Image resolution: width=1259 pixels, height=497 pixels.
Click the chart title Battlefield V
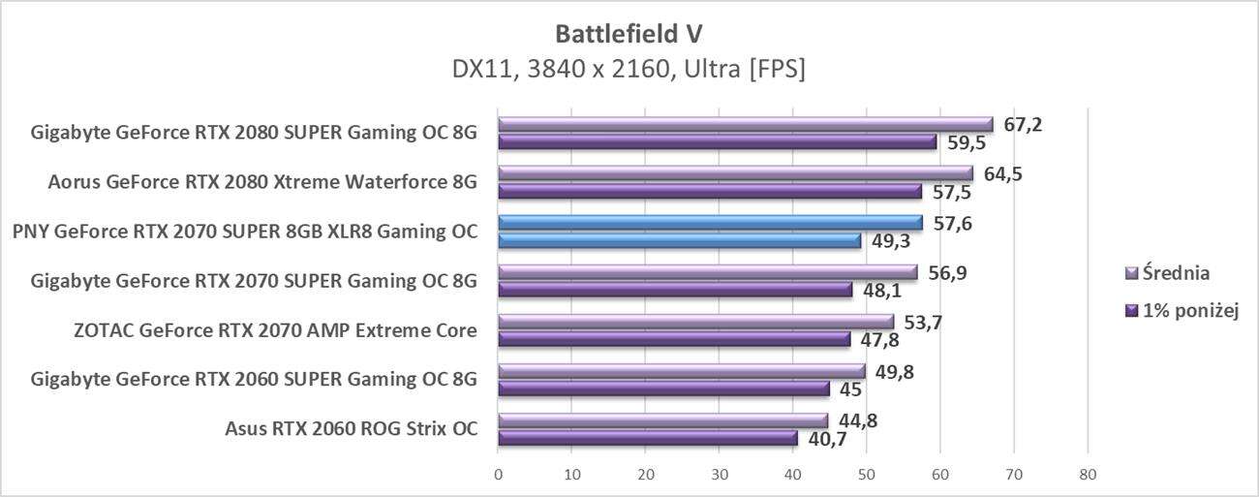[x=629, y=34]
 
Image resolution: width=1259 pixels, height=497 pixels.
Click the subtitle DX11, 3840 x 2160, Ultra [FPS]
[x=629, y=70]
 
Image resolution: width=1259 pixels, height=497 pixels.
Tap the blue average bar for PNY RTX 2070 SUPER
[x=710, y=223]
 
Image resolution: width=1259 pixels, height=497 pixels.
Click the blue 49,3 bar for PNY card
[x=679, y=240]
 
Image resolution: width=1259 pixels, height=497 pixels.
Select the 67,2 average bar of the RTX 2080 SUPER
[x=745, y=124]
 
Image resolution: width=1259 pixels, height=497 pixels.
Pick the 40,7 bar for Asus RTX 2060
[x=647, y=438]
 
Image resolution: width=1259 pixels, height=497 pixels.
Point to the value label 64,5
[x=1003, y=174]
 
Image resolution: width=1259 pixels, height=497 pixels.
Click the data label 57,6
[x=953, y=224]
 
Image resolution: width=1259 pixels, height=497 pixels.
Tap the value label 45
[x=850, y=389]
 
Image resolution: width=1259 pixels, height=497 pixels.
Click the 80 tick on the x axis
[x=1088, y=475]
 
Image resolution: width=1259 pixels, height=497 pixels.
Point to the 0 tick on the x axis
[x=498, y=475]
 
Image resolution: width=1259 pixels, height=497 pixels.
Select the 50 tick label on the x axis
[x=866, y=475]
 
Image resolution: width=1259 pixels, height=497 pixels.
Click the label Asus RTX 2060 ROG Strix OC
[x=352, y=429]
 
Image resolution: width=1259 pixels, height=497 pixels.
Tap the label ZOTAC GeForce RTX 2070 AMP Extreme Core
[x=275, y=330]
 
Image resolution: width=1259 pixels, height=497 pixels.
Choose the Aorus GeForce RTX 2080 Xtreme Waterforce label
[x=262, y=182]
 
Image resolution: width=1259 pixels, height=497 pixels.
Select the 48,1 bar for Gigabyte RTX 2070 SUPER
[x=675, y=290]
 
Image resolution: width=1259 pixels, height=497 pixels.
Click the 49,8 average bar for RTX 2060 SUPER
[x=681, y=371]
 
